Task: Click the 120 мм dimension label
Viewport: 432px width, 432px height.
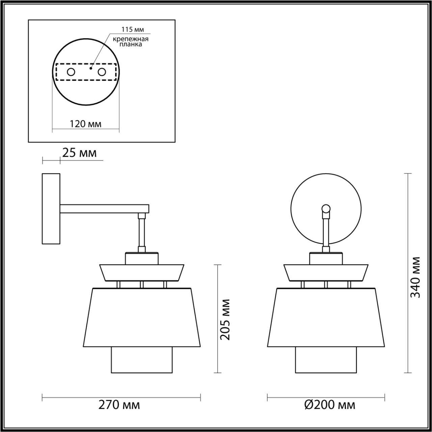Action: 85,124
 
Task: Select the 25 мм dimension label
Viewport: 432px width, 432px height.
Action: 79,153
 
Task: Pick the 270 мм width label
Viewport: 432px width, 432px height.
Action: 119,405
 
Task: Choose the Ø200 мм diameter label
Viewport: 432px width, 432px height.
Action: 330,405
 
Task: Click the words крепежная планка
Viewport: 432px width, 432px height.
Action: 131,42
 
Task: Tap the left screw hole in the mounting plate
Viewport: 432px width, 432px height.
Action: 71,72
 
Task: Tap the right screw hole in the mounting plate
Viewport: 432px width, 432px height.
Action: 102,72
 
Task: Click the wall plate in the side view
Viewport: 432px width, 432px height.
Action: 51,209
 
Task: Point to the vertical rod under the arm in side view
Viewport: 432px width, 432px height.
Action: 142,233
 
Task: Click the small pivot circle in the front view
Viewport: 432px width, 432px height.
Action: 326,208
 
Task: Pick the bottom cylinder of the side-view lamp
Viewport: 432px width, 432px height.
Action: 142,360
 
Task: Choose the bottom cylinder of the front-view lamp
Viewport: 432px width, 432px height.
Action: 326,360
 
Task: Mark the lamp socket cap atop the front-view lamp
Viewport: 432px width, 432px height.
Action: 326,258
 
